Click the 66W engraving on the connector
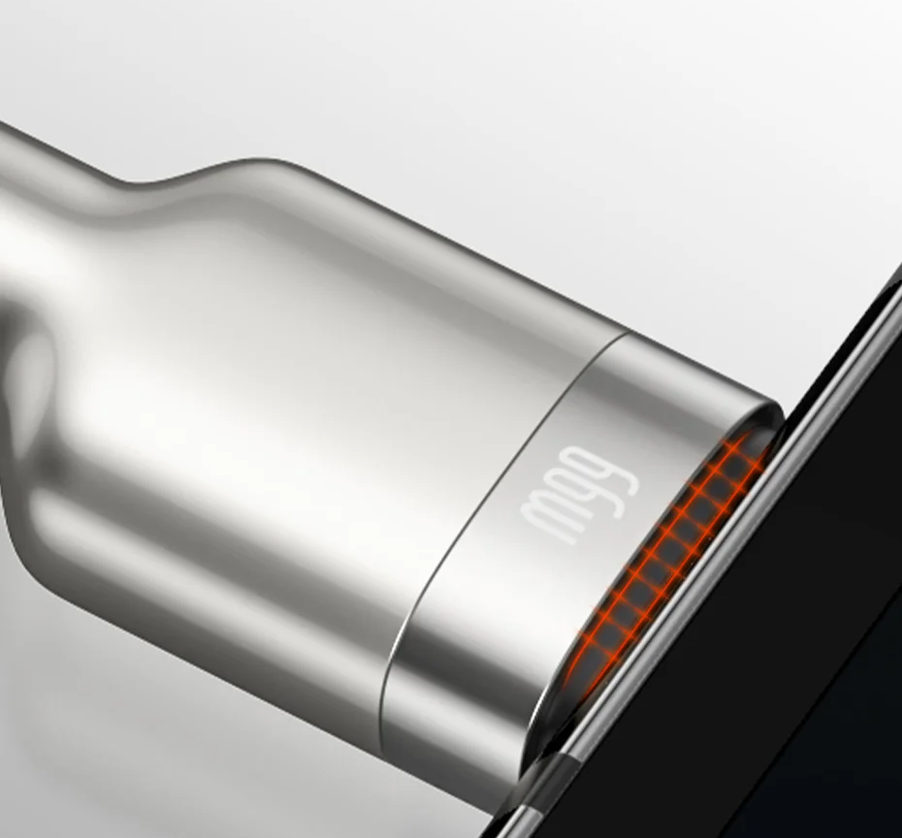[x=579, y=495]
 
